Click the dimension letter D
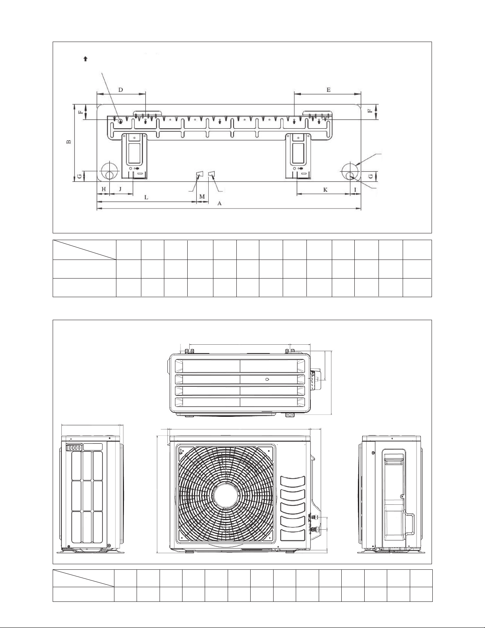point(121,90)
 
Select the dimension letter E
point(329,90)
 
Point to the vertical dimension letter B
point(69,142)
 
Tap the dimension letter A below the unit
point(219,204)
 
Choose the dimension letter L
point(146,197)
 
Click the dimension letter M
point(202,197)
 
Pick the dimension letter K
point(325,190)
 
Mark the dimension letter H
point(104,189)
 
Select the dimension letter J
point(120,189)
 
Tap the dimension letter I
point(356,190)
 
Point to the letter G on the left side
point(78,176)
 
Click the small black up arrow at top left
point(86,59)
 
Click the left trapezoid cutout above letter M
point(200,174)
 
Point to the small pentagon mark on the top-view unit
point(268,379)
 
